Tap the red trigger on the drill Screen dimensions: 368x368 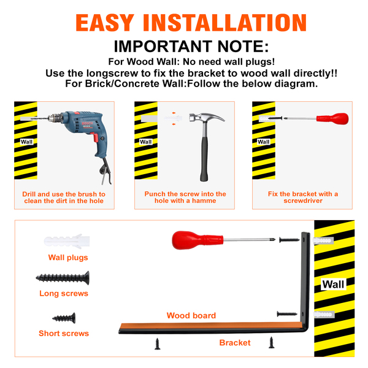click(x=94, y=137)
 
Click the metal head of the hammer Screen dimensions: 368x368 click(x=207, y=118)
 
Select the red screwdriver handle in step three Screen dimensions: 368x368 click(x=332, y=118)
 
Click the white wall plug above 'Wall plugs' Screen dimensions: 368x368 click(x=67, y=241)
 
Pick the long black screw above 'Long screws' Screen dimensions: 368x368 click(x=63, y=278)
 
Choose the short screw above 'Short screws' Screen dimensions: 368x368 click(x=64, y=318)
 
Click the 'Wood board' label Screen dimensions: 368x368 click(x=191, y=315)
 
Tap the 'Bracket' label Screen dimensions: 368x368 click(x=235, y=343)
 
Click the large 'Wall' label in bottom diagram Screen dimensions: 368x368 click(x=333, y=284)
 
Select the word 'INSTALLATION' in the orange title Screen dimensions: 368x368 click(x=225, y=23)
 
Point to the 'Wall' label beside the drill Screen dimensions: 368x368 click(x=26, y=142)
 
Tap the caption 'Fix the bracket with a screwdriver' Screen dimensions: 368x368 click(x=303, y=197)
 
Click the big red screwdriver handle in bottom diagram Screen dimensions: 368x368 click(x=197, y=240)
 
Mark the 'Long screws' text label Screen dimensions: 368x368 click(x=64, y=293)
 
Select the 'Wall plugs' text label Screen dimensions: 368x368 click(x=68, y=258)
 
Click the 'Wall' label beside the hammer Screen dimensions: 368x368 click(x=146, y=142)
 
